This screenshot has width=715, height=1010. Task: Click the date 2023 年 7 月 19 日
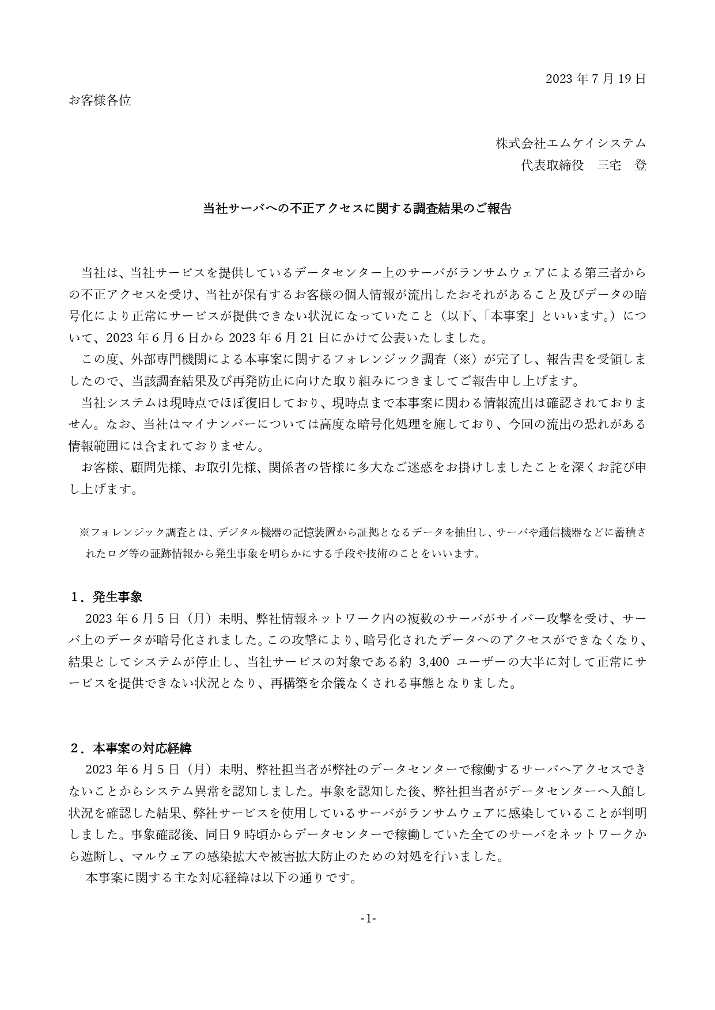point(596,79)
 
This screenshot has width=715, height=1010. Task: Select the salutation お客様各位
point(100,101)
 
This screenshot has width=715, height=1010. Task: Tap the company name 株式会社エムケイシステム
point(571,143)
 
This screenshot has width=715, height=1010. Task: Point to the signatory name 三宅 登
point(622,166)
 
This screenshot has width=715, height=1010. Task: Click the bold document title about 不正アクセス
point(357,208)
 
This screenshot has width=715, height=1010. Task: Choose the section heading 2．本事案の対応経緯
point(130,748)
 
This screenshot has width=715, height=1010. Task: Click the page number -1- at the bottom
point(368,918)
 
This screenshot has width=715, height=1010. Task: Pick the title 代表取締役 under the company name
point(552,166)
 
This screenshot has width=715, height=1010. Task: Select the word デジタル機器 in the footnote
point(251,532)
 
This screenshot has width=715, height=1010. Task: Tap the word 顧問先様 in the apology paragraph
point(157,467)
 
